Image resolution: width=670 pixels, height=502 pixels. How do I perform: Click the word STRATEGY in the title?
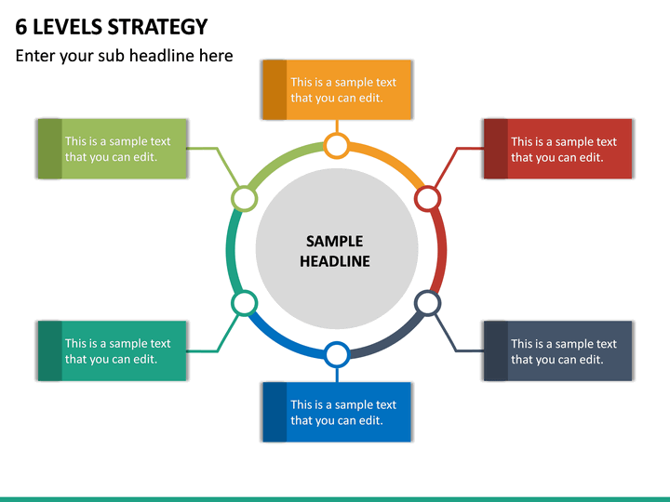(157, 27)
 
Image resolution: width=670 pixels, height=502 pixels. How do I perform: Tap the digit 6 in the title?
(20, 27)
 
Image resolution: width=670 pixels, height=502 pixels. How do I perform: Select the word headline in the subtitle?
(162, 56)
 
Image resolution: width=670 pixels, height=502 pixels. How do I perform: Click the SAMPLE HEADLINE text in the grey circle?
(335, 251)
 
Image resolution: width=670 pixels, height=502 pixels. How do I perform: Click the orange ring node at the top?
(337, 146)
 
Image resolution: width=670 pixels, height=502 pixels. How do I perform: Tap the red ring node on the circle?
(428, 199)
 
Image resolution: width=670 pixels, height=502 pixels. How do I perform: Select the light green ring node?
(245, 199)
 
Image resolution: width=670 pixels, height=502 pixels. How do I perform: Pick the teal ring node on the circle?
(245, 303)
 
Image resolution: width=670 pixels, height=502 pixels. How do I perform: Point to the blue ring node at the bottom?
(337, 355)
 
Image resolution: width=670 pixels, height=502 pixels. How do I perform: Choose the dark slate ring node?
(428, 303)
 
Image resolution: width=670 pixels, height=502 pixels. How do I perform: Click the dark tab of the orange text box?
(275, 89)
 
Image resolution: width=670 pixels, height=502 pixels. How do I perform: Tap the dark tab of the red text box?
(496, 149)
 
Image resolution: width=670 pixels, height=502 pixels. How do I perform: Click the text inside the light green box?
(117, 149)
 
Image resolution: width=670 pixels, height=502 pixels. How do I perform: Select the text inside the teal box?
(117, 351)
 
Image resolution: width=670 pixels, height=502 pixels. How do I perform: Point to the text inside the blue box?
(343, 413)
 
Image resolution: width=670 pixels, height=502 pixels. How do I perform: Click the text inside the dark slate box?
(564, 351)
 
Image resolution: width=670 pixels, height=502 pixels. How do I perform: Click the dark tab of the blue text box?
(275, 412)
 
